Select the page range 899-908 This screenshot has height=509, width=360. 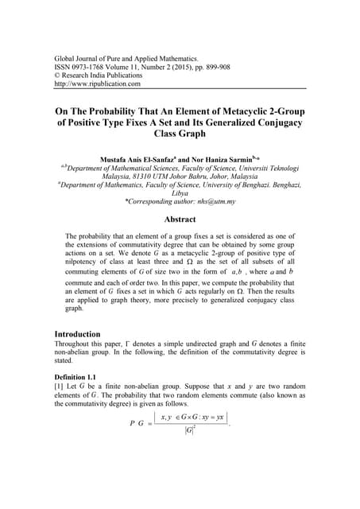tap(244, 68)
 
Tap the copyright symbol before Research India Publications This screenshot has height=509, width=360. tap(56, 76)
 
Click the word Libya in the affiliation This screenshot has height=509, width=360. tap(180, 192)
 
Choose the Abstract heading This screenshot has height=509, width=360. tap(180, 219)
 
